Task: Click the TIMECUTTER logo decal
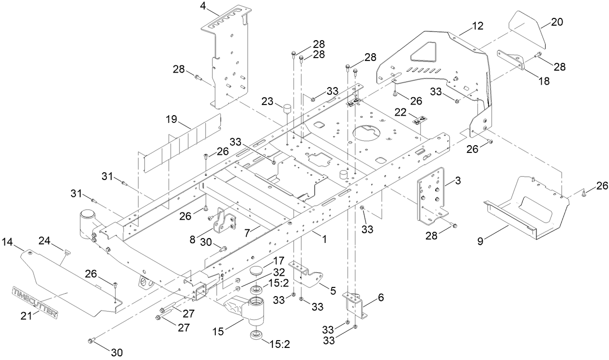pos(35,301)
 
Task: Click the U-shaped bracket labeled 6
pos(355,305)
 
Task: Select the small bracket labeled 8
pos(225,222)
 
